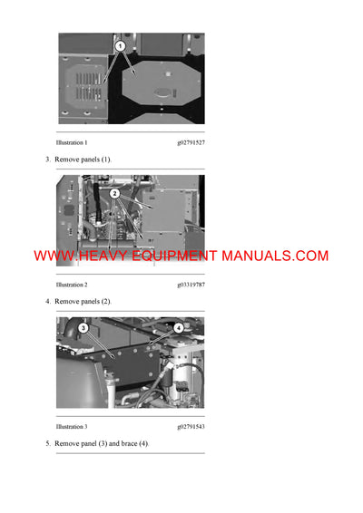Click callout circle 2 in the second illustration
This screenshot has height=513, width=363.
tap(114, 193)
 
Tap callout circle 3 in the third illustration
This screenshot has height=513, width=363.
tap(83, 327)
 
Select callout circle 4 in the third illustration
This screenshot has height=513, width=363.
tap(178, 327)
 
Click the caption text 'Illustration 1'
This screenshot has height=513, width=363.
tap(72, 143)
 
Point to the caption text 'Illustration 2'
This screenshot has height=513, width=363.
tap(72, 284)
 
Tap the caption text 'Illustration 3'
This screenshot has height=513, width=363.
tap(72, 425)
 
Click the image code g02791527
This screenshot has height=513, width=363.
tap(191, 143)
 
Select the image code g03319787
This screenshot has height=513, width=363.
tap(191, 284)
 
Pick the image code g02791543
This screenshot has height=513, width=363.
tap(191, 425)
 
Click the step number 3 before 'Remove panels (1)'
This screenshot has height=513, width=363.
tap(48, 160)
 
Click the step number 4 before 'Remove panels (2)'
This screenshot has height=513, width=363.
tap(48, 300)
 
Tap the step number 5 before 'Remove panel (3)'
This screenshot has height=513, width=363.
tap(48, 443)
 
